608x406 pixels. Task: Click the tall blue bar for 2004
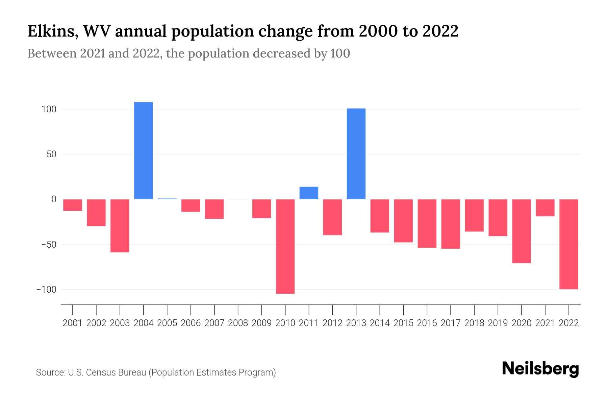tap(144, 151)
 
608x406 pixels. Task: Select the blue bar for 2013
tap(356, 154)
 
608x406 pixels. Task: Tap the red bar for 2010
tap(285, 246)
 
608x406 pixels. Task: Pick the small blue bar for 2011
tap(309, 193)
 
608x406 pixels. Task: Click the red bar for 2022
tap(569, 244)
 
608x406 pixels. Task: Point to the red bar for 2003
tap(120, 226)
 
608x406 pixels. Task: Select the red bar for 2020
tap(522, 231)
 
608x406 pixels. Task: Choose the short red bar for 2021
tap(545, 208)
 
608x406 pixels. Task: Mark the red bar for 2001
tap(73, 205)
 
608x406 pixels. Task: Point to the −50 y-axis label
tap(46, 244)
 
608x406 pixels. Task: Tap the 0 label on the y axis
tap(54, 199)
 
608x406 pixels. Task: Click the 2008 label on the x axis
tap(238, 323)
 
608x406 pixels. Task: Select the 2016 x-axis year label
tap(427, 323)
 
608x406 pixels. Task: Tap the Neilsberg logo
tap(540, 369)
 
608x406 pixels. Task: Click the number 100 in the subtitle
tap(340, 53)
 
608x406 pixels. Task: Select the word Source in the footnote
tap(50, 373)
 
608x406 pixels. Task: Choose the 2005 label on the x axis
tap(167, 323)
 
